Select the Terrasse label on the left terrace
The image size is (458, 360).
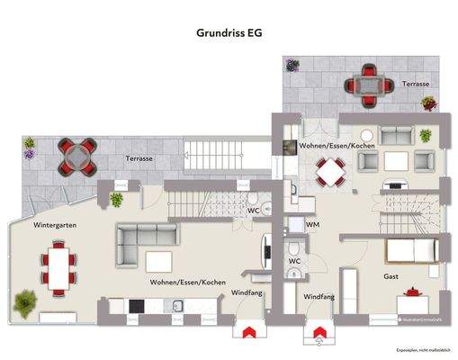[x=139, y=158]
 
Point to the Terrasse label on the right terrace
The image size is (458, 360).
[x=416, y=83]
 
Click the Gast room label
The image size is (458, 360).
[x=391, y=277]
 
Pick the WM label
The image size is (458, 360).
[x=312, y=225]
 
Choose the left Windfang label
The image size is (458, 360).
[x=247, y=293]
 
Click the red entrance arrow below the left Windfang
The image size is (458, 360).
[x=244, y=332]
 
